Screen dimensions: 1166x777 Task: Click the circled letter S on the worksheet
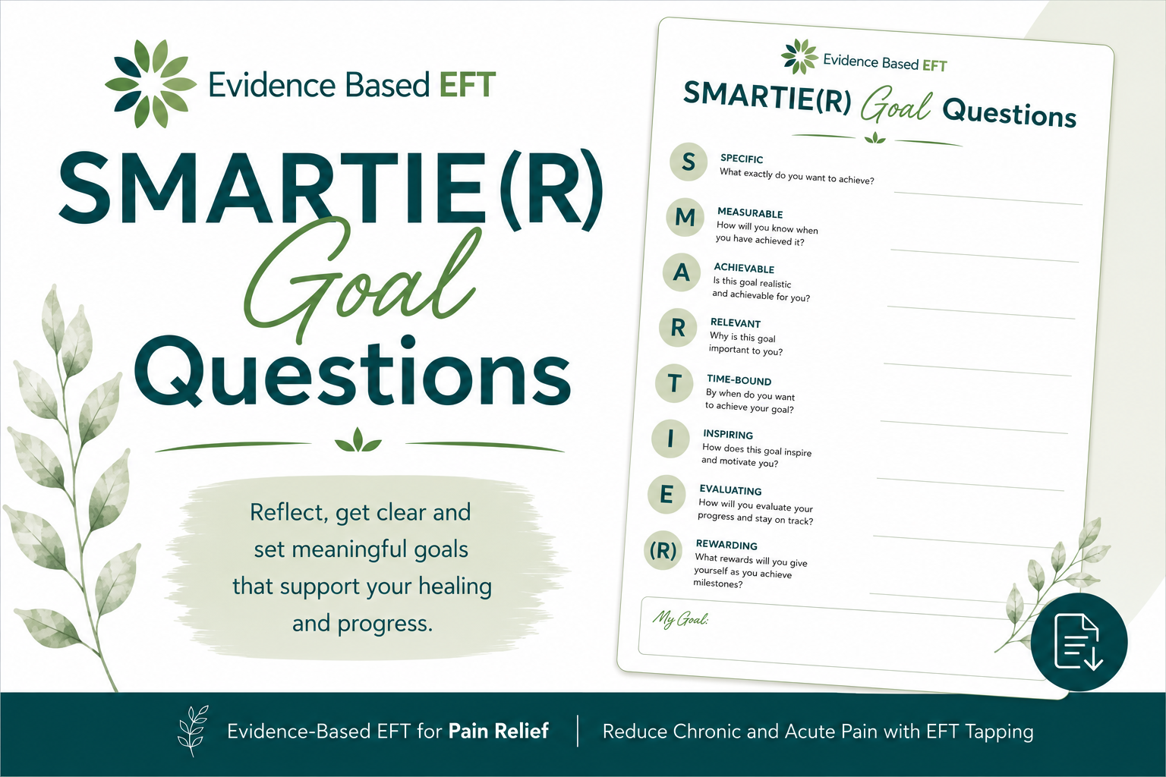pyautogui.click(x=689, y=162)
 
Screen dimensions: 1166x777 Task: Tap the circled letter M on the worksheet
pyautogui.click(x=685, y=217)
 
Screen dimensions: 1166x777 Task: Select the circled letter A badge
pyautogui.click(x=682, y=272)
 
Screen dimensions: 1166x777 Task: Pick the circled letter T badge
pyautogui.click(x=674, y=383)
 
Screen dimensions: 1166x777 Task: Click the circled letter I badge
pyautogui.click(x=670, y=439)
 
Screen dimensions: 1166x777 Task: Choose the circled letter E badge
pyautogui.click(x=667, y=495)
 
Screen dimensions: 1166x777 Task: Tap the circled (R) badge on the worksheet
pyautogui.click(x=663, y=550)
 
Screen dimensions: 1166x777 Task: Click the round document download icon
pyautogui.click(x=1079, y=642)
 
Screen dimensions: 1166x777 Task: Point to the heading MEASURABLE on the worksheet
pyautogui.click(x=750, y=213)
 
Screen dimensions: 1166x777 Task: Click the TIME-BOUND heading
pyautogui.click(x=739, y=380)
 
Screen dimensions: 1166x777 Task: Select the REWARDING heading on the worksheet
pyautogui.click(x=726, y=545)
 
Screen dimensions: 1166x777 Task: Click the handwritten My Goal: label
pyautogui.click(x=680, y=618)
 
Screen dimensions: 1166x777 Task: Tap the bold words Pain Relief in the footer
pyautogui.click(x=498, y=731)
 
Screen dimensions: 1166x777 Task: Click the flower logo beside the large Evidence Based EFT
pyautogui.click(x=150, y=83)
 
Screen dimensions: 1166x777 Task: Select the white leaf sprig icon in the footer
pyautogui.click(x=193, y=731)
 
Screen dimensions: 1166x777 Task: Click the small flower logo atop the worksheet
pyautogui.click(x=799, y=56)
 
